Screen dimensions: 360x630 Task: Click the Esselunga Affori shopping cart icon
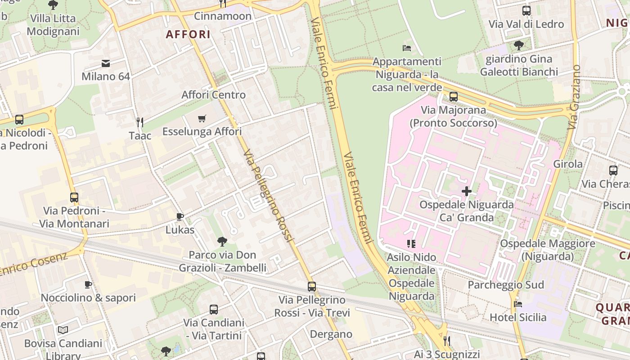coord(202,118)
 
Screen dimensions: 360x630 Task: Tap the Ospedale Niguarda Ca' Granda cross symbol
coord(467,191)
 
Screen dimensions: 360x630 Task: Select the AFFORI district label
coord(188,34)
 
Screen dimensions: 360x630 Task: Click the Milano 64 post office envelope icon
coord(106,63)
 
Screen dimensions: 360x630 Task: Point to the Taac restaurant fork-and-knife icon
coord(140,122)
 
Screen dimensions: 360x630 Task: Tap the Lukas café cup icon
coord(180,216)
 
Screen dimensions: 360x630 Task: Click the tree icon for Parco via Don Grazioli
coord(222,242)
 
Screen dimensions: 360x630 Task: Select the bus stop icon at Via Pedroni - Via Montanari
coord(74,198)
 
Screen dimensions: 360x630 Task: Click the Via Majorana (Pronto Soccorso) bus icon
coord(453,97)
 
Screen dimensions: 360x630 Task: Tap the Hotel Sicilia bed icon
coord(518,304)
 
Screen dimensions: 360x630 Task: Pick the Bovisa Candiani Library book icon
coord(63,330)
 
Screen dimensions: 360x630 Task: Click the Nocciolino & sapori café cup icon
coord(88,284)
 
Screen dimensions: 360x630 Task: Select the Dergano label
coord(331,334)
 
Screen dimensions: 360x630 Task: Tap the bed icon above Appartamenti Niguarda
coord(406,48)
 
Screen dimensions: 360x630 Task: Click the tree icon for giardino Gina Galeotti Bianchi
coord(518,45)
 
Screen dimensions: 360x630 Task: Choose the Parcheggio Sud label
coord(506,285)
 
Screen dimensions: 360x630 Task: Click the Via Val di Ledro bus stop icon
coord(526,11)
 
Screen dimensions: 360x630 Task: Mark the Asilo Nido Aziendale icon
coord(411,244)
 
